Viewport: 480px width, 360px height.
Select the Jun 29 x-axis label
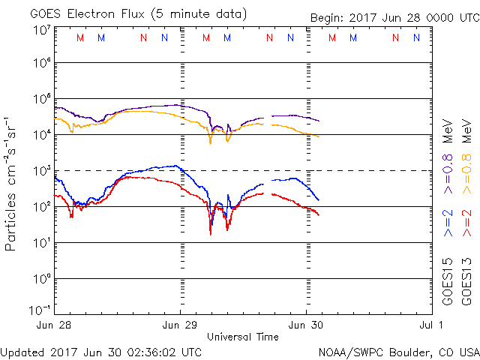click(181, 325)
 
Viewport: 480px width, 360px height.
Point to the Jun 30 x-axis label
click(307, 325)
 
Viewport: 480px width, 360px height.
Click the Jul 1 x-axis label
click(431, 325)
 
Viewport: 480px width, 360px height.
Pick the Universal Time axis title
click(243, 337)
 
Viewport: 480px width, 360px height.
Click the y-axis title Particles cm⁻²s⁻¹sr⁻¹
click(12, 183)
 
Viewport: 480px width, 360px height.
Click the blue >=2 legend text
click(448, 223)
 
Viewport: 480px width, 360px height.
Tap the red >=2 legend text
click(468, 223)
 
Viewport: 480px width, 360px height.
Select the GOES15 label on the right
click(448, 280)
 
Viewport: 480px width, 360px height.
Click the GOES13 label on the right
click(468, 280)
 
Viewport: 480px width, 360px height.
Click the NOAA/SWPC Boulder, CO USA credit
click(398, 352)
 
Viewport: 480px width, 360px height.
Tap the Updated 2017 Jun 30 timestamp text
click(101, 352)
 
